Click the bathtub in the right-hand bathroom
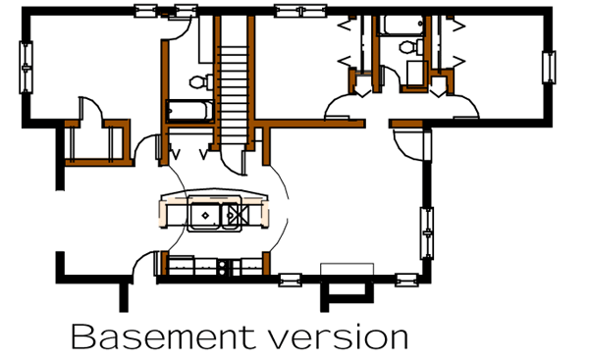pos(403,24)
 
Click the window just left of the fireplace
pos(292,280)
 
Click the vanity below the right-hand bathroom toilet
pos(414,74)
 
